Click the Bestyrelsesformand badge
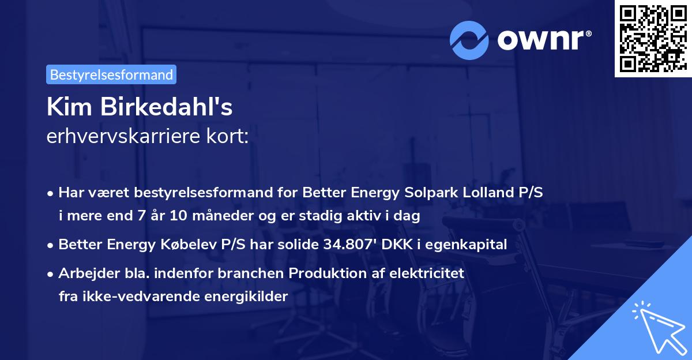pyautogui.click(x=111, y=74)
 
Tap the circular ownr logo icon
pyautogui.click(x=469, y=40)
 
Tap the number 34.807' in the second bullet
pyautogui.click(x=351, y=245)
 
